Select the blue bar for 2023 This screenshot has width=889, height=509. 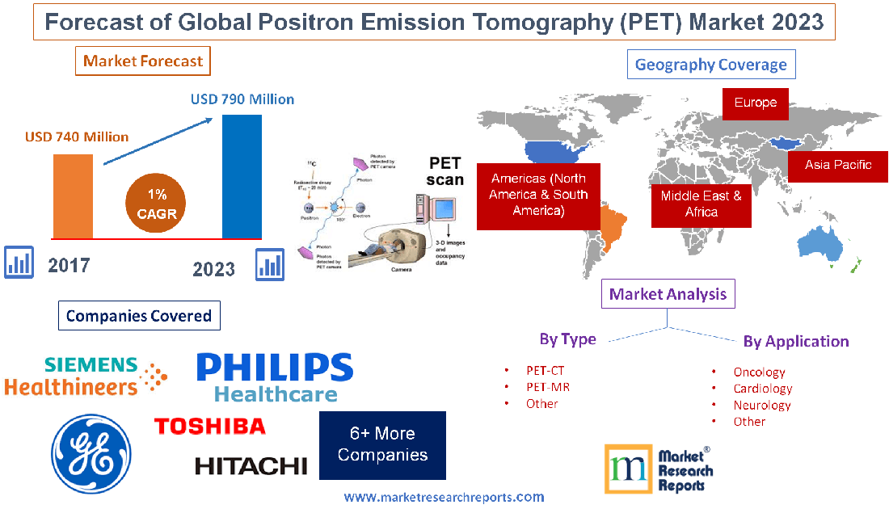click(x=242, y=177)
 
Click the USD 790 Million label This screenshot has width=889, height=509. click(x=242, y=99)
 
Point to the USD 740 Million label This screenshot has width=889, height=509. click(x=77, y=137)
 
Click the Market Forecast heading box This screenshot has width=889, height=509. click(x=143, y=61)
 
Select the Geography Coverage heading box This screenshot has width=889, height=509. click(x=711, y=65)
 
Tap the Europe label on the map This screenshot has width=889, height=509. click(x=755, y=103)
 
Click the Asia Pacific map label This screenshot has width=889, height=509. click(x=838, y=165)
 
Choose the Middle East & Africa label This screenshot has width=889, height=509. click(x=701, y=204)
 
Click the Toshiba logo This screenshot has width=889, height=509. click(x=209, y=426)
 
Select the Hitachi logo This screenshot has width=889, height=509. click(x=251, y=465)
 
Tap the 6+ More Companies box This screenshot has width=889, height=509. click(x=382, y=445)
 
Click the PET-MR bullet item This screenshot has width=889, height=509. click(x=547, y=387)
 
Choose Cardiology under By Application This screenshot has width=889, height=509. click(x=762, y=389)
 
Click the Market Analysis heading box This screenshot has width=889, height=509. click(x=668, y=294)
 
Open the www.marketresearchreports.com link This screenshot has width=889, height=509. click(x=444, y=497)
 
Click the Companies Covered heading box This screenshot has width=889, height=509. click(x=139, y=315)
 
